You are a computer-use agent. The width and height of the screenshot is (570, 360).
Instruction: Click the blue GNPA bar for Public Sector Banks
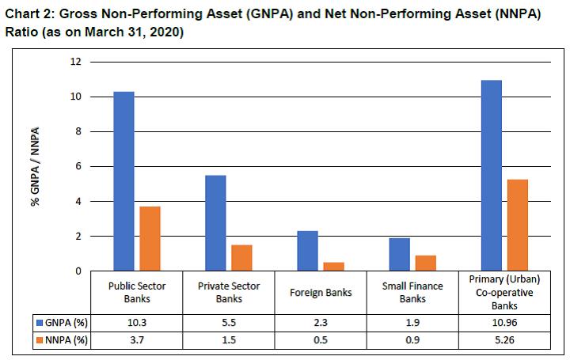point(123,181)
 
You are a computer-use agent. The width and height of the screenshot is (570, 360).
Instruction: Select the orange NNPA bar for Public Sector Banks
point(150,238)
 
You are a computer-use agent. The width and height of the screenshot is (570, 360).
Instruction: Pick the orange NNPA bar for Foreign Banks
point(334,266)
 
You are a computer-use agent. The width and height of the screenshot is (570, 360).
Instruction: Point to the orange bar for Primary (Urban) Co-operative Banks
point(518,225)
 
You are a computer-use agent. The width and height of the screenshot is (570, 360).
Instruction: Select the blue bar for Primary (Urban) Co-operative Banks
point(492,175)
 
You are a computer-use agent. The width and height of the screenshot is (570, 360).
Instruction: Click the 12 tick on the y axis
point(76,62)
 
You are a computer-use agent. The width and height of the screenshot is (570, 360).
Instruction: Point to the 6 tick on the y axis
point(78,166)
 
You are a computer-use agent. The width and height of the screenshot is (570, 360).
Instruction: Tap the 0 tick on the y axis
point(78,271)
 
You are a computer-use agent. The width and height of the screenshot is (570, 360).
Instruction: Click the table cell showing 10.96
point(504,323)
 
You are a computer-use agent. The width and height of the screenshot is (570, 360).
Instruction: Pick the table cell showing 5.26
point(504,339)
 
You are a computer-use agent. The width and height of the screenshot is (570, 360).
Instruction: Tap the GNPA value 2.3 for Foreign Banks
point(321,323)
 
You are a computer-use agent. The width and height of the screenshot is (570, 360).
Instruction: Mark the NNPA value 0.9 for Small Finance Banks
point(412,339)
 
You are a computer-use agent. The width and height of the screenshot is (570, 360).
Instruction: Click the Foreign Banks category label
point(321,292)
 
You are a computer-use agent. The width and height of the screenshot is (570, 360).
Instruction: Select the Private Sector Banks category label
point(229,292)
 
